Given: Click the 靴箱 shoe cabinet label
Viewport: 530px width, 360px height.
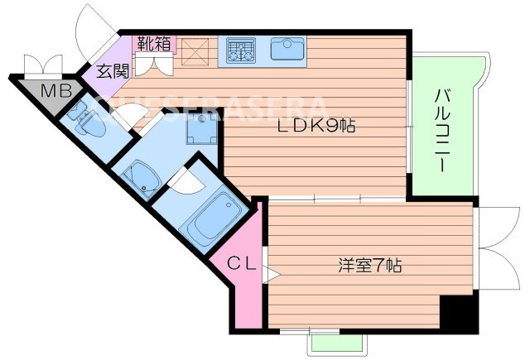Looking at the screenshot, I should pos(155,42).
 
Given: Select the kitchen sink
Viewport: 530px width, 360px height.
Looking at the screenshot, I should pos(287,50).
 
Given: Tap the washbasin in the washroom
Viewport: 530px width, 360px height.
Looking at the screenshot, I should pos(141,176).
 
